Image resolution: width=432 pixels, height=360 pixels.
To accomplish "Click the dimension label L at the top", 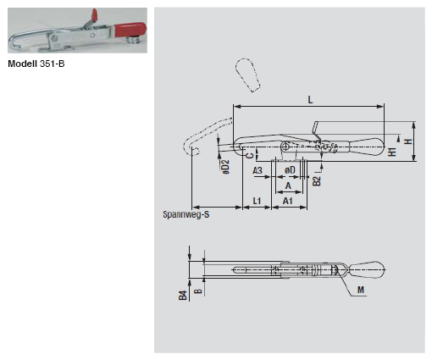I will [x=311, y=99].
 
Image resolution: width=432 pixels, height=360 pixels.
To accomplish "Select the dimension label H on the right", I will [x=408, y=141].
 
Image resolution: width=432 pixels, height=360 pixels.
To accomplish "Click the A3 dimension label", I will [x=258, y=170].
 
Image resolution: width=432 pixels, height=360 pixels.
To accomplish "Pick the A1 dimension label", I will [x=288, y=202].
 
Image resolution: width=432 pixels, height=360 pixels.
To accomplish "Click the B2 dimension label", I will [x=316, y=180].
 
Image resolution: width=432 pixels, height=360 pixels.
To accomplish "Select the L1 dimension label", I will [x=256, y=202].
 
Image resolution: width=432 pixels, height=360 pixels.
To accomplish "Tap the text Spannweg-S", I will [x=186, y=215].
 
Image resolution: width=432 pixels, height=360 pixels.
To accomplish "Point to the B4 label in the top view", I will [x=182, y=296].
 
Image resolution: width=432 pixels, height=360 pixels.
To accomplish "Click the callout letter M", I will [x=361, y=290].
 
